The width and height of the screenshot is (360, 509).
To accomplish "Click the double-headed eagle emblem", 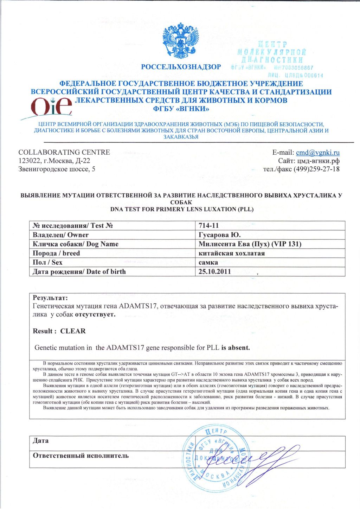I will (x=180, y=41).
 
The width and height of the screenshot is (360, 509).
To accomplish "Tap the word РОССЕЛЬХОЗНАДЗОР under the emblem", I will (x=181, y=67).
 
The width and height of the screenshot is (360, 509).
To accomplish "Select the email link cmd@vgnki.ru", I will (x=318, y=153).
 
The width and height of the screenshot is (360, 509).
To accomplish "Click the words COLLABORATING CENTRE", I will (x=64, y=153).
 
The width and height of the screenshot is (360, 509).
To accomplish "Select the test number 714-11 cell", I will (x=208, y=226).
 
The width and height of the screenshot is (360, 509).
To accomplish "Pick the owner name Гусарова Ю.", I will (x=220, y=235).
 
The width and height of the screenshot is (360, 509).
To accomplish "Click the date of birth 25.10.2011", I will (x=214, y=271).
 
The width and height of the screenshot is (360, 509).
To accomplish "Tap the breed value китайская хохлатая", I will (x=231, y=253).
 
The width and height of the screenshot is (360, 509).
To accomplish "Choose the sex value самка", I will (x=208, y=262).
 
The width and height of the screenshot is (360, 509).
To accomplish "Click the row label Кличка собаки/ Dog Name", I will (x=75, y=244).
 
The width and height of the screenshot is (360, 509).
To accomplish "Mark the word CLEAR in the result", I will (x=73, y=331).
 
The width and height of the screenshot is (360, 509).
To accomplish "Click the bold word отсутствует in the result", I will (x=95, y=314).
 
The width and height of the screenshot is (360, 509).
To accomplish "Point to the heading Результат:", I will (x=47, y=298).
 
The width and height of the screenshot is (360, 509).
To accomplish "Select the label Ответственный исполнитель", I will (x=81, y=456).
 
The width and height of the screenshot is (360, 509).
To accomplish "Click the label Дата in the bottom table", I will (x=40, y=441).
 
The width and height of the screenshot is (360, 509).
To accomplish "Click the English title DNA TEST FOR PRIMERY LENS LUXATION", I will (x=181, y=209).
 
